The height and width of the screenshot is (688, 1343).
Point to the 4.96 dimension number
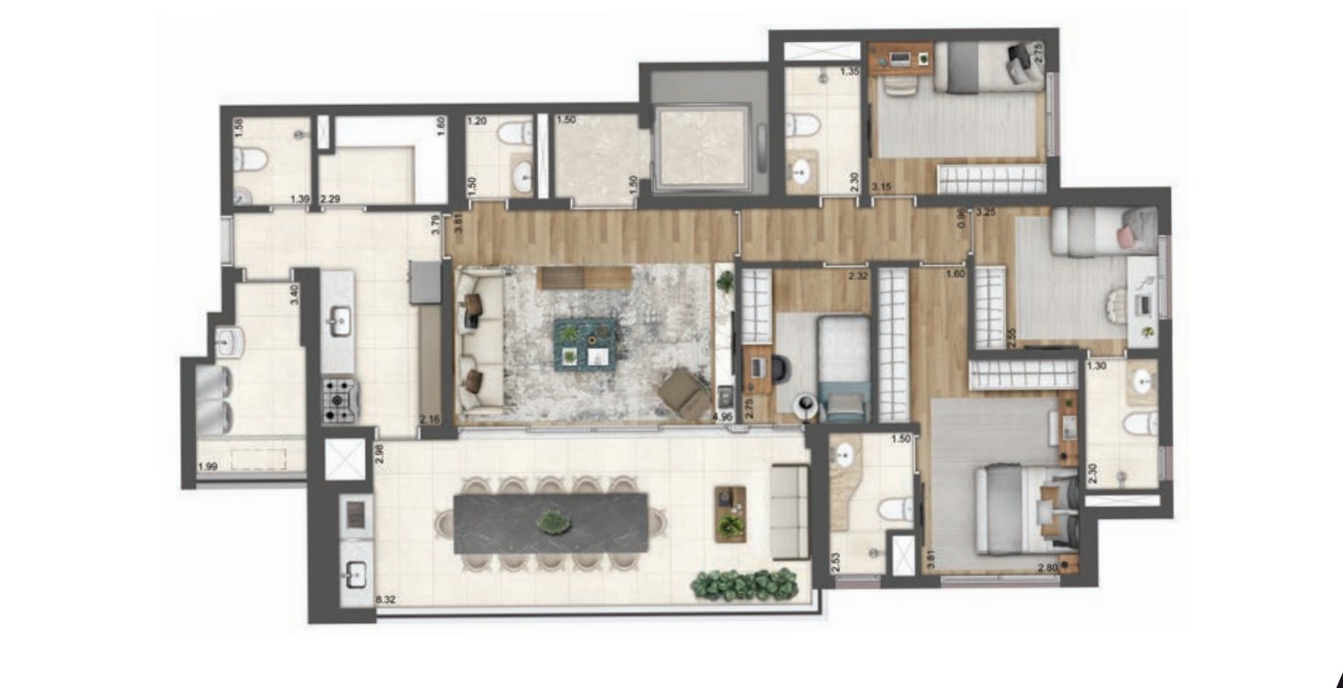coord(723,418)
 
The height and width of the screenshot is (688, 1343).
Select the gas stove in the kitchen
coord(338,401)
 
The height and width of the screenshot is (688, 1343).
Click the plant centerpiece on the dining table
coord(552,522)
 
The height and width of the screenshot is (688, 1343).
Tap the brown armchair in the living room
coord(682,391)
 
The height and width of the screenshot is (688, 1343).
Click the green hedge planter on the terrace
coord(745,584)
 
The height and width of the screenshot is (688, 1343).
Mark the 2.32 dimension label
coord(857,274)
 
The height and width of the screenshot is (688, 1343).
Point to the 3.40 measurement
coord(294,295)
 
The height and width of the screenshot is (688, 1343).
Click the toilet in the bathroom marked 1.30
coord(1140,424)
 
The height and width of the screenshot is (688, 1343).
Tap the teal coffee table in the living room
coord(582,342)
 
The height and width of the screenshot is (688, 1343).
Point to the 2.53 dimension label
coord(834,561)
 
